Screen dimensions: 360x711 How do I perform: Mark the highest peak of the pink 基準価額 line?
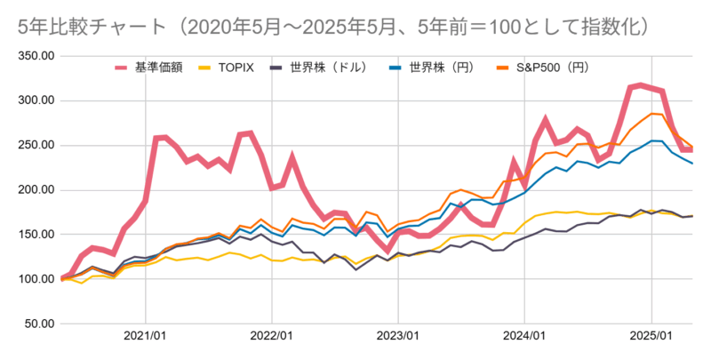(x=641, y=85)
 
